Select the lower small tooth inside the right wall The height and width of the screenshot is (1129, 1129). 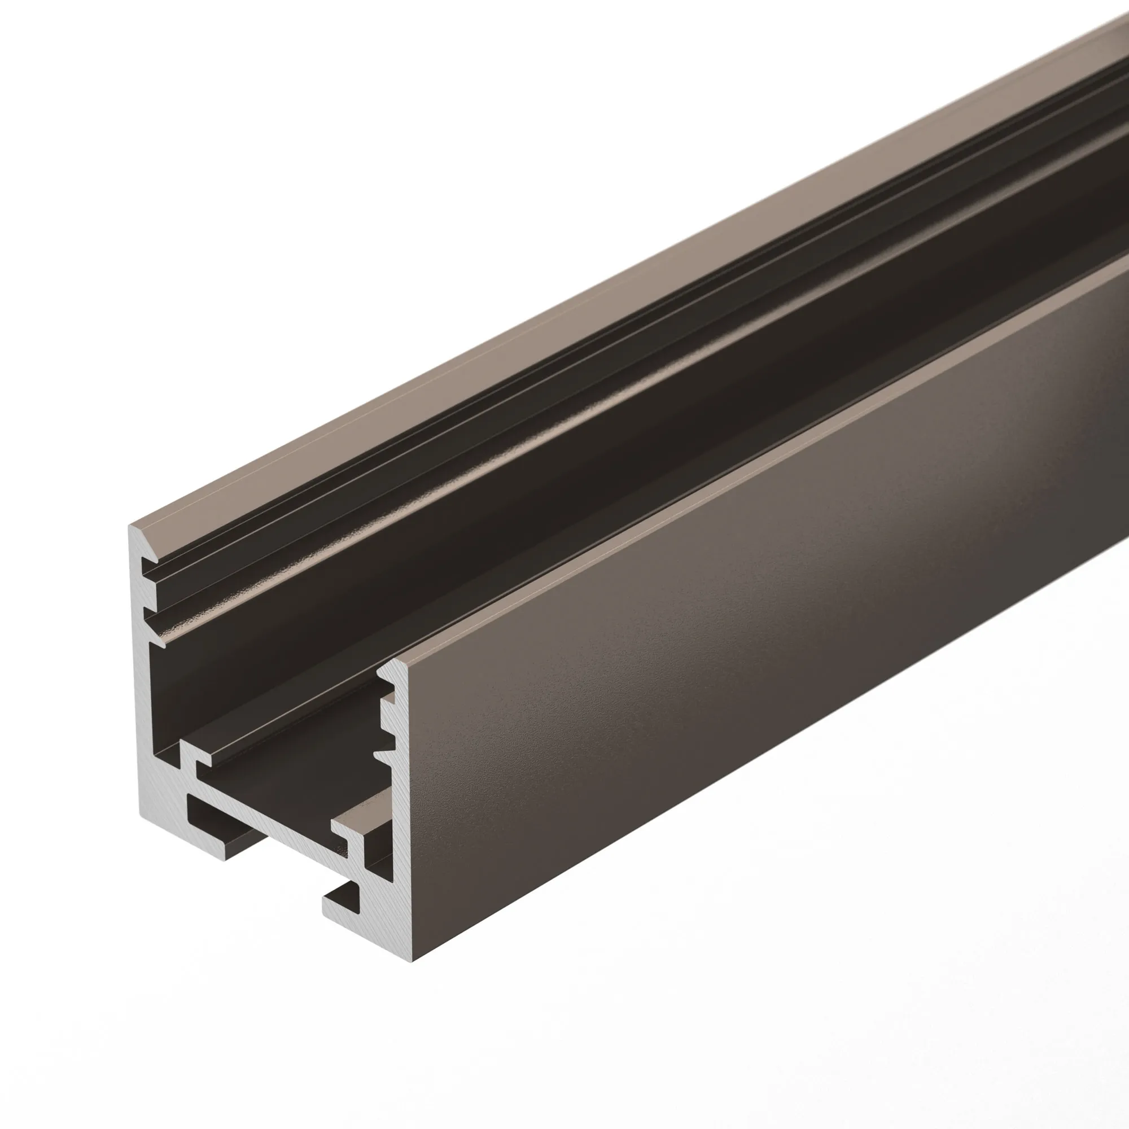pos(383,756)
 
